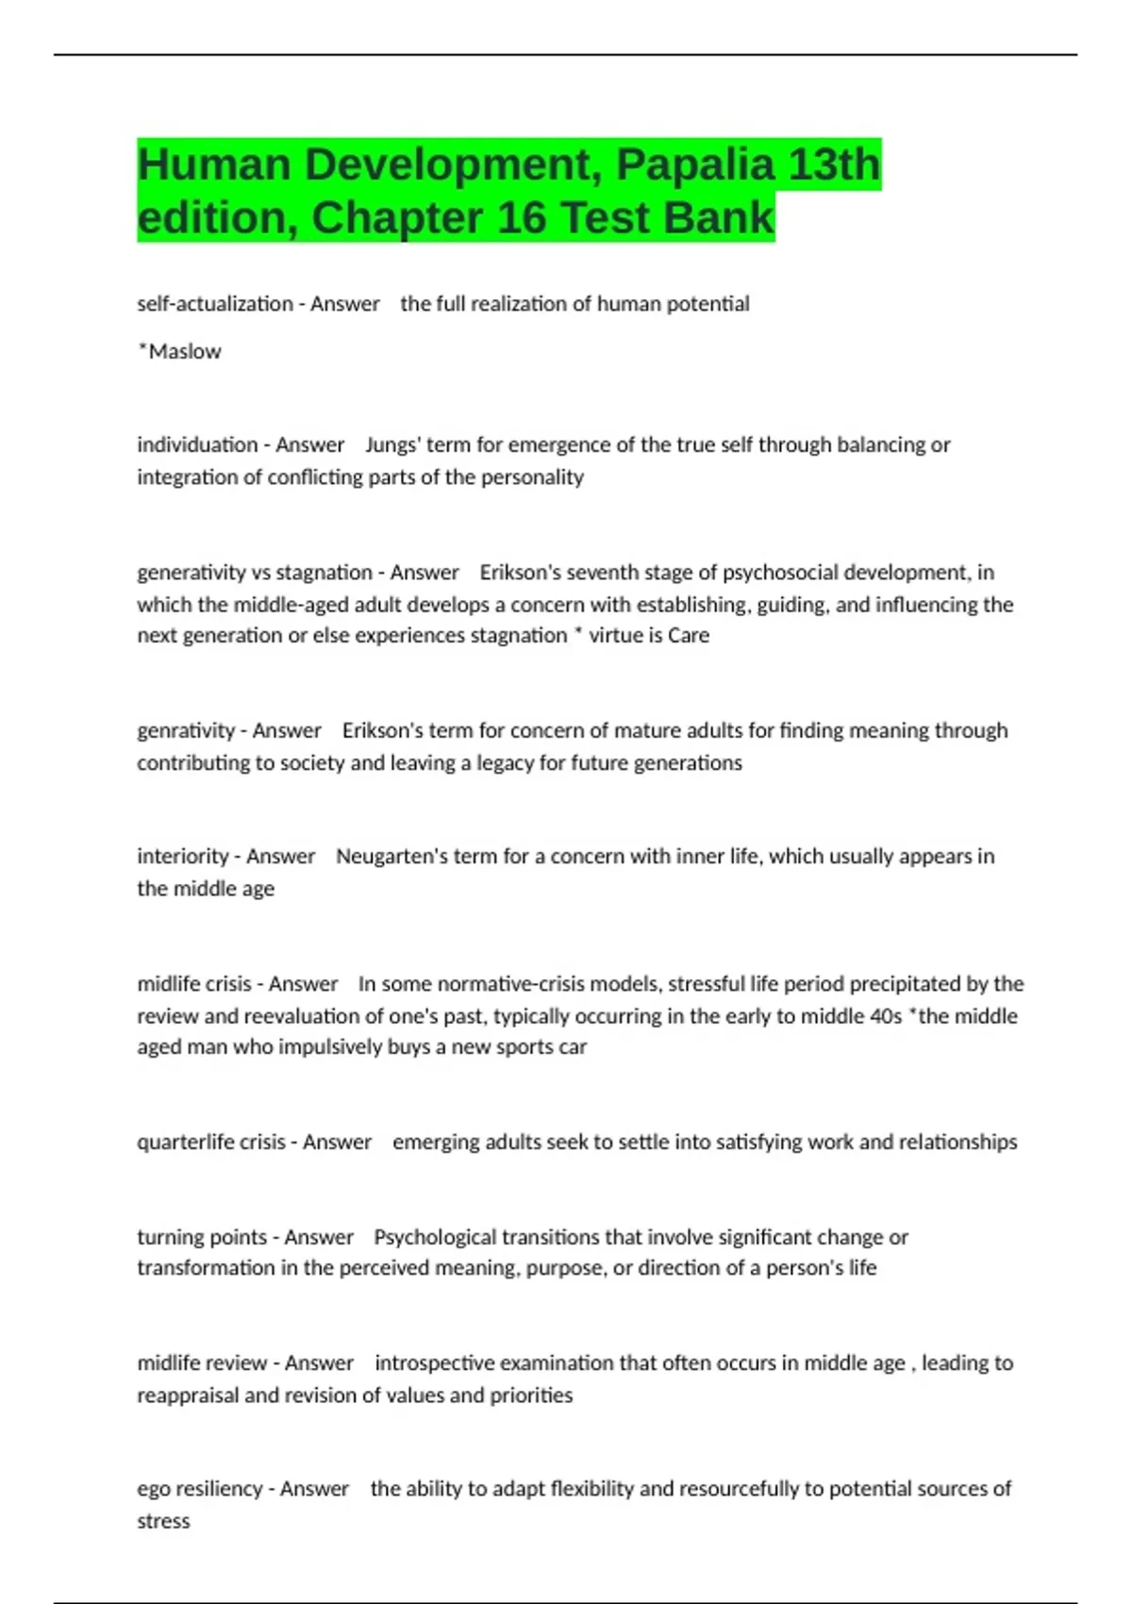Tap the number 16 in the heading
click(x=522, y=218)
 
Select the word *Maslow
click(x=179, y=351)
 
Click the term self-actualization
click(x=215, y=304)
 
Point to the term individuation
click(x=197, y=444)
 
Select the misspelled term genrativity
click(x=186, y=730)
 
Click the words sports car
click(x=541, y=1047)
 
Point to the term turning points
click(x=202, y=1237)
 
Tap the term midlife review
click(x=202, y=1363)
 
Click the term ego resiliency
click(x=200, y=1489)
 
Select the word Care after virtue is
click(x=689, y=636)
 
